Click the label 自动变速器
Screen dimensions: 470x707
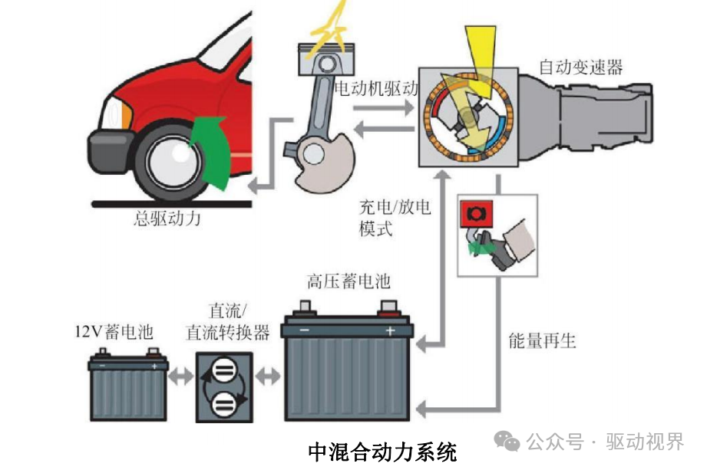(x=580, y=67)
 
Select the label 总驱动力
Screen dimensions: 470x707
(x=167, y=219)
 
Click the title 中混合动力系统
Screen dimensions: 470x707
(x=382, y=452)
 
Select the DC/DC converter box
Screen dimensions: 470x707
(x=223, y=387)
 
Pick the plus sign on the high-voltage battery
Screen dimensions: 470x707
(x=389, y=331)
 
